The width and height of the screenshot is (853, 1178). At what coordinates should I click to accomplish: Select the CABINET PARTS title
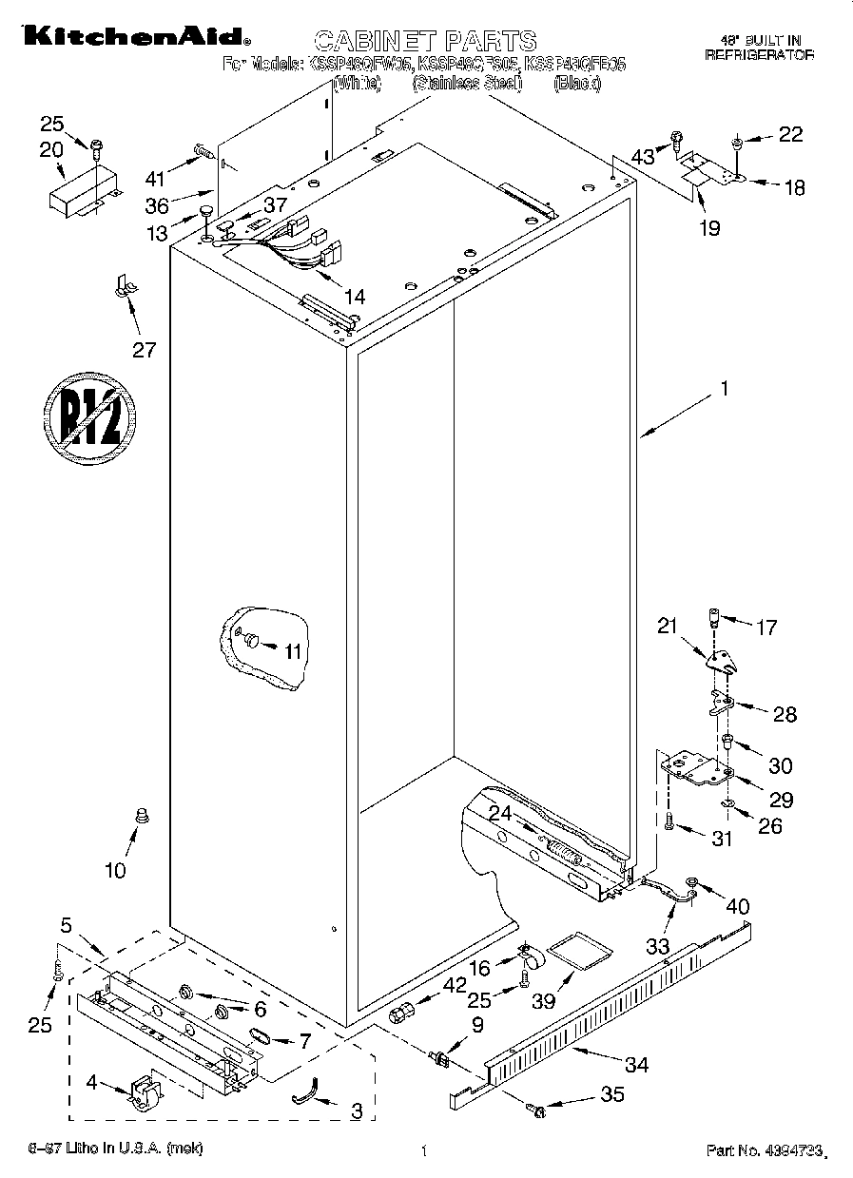(x=425, y=40)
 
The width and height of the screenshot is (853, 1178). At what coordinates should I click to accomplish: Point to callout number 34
(x=636, y=1065)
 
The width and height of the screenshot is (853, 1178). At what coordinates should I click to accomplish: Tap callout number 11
(x=293, y=650)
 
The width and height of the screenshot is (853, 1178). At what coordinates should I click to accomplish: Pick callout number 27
(x=144, y=350)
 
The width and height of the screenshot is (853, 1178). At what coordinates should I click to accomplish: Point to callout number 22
(x=790, y=135)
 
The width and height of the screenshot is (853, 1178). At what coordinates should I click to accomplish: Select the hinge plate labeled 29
(x=698, y=767)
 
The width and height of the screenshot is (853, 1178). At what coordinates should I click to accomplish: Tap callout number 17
(x=766, y=627)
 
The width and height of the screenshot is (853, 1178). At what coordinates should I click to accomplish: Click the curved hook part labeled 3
(x=301, y=1096)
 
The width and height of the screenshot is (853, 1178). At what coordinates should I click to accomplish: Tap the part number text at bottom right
(x=761, y=1151)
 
